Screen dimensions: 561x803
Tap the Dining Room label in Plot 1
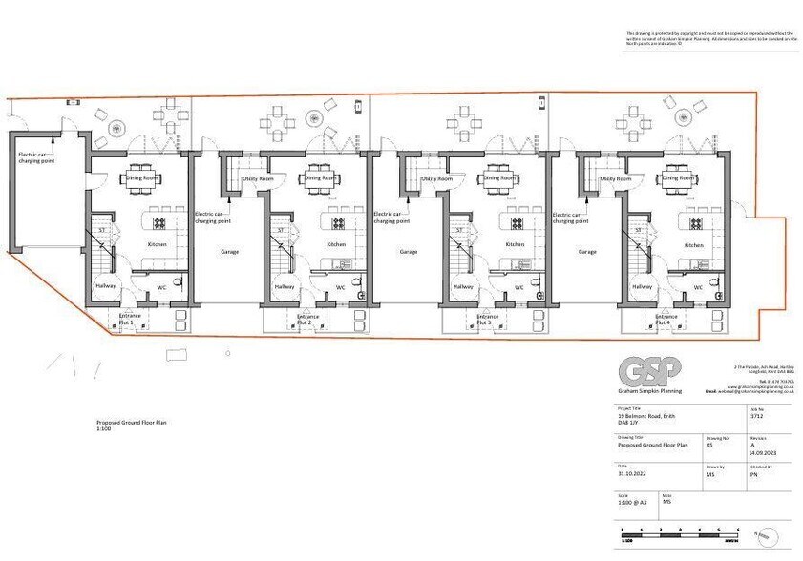pyautogui.click(x=143, y=177)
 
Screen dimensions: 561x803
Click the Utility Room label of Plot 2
pyautogui.click(x=258, y=178)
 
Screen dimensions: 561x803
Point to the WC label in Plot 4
pyautogui.click(x=698, y=287)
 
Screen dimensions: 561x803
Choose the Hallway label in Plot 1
pyautogui.click(x=105, y=286)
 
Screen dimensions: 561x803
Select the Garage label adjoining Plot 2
pyautogui.click(x=230, y=252)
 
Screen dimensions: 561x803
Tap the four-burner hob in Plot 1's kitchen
pyautogui.click(x=159, y=224)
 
